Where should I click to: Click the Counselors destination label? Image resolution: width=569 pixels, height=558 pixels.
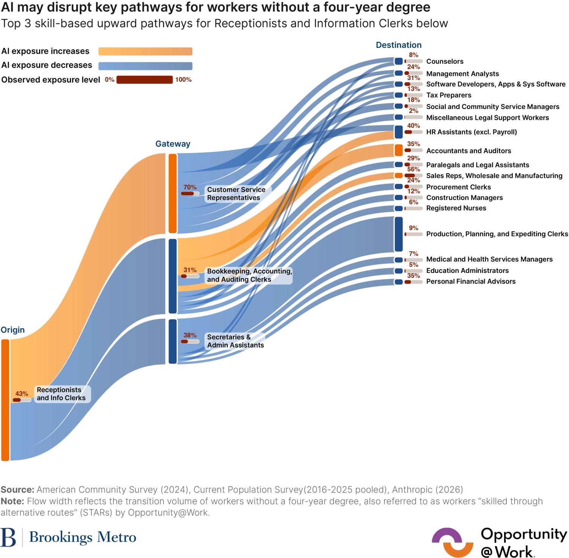coord(445,61)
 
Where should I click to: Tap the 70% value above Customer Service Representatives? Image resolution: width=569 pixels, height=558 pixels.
coord(190,187)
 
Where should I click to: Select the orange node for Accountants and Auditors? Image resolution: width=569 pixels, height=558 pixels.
coord(398,150)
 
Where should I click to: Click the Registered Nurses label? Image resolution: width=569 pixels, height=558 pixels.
coord(456,208)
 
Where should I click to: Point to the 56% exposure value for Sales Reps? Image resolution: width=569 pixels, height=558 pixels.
coord(413,169)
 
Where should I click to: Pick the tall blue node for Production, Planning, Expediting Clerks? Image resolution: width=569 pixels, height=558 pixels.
coord(398,234)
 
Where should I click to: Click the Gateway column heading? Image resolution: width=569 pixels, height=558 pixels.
coord(173,144)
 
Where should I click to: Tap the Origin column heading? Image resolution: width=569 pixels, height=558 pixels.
coord(13,330)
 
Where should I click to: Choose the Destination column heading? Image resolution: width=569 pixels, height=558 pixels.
coord(398,45)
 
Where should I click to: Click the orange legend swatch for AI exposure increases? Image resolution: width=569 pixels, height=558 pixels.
coord(145,52)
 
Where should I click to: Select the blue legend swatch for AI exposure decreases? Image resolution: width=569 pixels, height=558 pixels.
coord(145,66)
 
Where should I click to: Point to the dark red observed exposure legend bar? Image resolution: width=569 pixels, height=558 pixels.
coord(145,80)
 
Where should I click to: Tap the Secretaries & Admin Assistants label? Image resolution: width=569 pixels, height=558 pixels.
coord(235,341)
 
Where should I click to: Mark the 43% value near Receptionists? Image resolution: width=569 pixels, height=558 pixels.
coord(22,394)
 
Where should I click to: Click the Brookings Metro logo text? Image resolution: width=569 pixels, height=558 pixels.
coord(82,537)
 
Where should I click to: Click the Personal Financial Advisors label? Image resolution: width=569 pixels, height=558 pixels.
coord(471,281)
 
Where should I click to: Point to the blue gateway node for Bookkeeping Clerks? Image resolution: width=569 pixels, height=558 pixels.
coord(173,276)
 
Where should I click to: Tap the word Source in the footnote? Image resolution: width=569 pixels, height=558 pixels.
coord(17,489)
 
